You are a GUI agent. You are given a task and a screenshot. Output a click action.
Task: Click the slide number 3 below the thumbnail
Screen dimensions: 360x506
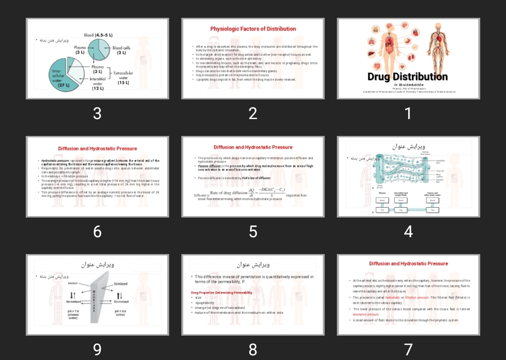[97, 113]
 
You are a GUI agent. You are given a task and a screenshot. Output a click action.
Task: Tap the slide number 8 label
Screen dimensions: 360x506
[253, 349]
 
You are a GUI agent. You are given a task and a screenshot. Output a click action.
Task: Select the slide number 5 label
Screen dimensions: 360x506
[253, 231]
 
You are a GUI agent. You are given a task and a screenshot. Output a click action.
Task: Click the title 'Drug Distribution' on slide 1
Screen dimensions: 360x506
[408, 77]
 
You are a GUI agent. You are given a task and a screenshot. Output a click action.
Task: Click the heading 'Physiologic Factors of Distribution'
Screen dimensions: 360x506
[253, 29]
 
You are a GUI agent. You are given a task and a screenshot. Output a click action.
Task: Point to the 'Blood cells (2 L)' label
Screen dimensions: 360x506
[121, 50]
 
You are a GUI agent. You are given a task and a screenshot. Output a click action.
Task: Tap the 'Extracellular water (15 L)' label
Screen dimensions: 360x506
[123, 78]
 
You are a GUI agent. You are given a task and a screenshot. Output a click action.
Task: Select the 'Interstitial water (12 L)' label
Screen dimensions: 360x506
[98, 84]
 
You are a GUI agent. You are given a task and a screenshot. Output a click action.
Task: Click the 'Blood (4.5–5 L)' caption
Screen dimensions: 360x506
[98, 35]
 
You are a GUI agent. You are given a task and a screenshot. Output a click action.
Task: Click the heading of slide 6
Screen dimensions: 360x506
[97, 149]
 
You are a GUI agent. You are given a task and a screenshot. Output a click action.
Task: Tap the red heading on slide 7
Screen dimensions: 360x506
[408, 264]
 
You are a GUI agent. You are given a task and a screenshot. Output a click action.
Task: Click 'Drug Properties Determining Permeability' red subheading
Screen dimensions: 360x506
[222, 292]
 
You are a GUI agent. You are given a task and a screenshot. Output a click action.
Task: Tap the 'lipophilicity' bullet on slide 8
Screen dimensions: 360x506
[205, 303]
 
